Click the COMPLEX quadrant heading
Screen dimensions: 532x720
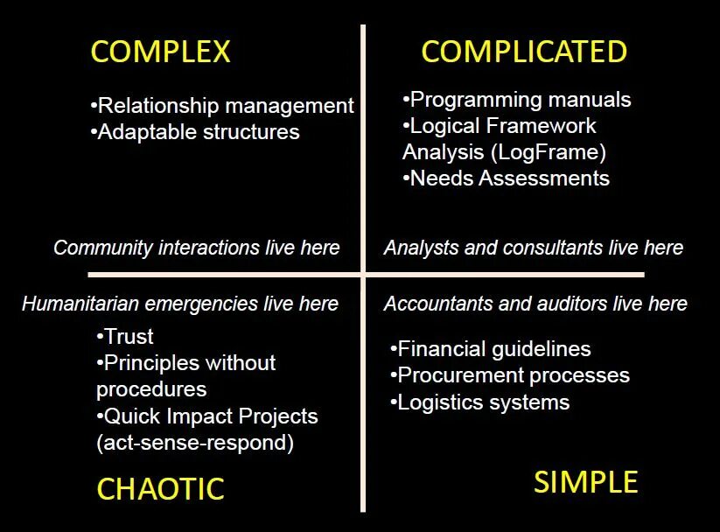coord(160,52)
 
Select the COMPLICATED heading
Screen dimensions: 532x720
coord(523,52)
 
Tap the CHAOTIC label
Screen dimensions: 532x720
coord(160,489)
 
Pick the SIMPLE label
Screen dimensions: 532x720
coord(585,482)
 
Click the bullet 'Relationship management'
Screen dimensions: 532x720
coord(223,106)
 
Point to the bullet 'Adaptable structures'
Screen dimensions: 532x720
coord(196,132)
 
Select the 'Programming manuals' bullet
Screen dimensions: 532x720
coord(517,100)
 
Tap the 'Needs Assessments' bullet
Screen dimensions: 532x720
coord(507,178)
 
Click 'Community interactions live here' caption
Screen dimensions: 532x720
coord(196,248)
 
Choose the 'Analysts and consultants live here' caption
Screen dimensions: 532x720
coord(533,248)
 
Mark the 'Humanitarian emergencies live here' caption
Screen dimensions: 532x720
coord(180,304)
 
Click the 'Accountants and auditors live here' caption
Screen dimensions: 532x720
coord(535,304)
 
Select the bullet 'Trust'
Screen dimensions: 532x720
coord(125,337)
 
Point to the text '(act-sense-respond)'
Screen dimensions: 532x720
coord(194,443)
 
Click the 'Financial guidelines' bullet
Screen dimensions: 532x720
coord(491,349)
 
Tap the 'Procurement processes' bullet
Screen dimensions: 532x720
coord(510,375)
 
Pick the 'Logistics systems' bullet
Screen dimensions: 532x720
coord(480,402)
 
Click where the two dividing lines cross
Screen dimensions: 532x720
coord(363,275)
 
